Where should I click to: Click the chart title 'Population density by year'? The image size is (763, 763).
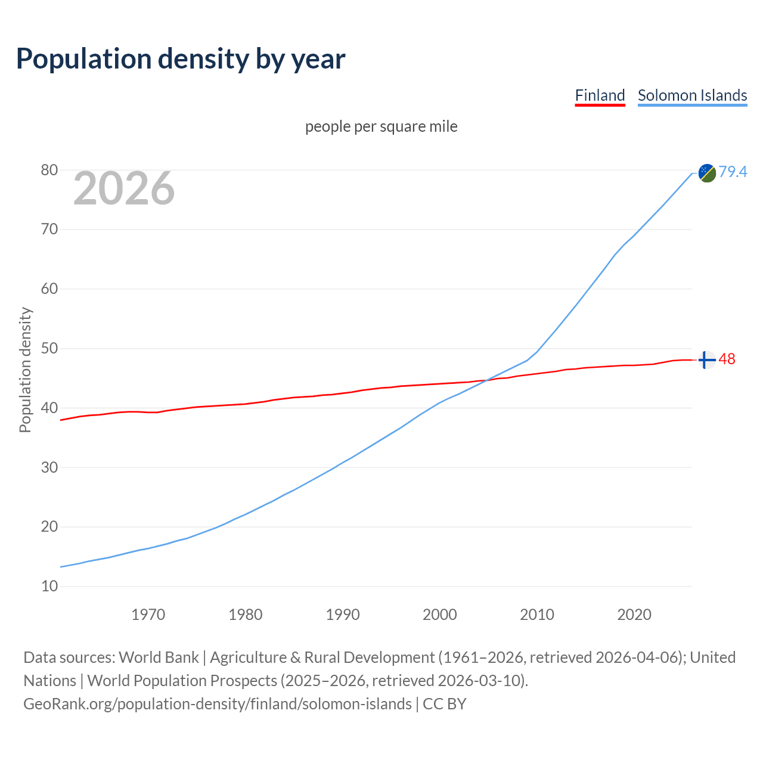coord(181,58)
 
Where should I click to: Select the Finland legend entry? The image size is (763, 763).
coord(600,95)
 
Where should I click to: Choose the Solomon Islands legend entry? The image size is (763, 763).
coord(692,95)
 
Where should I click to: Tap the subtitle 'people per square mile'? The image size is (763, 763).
coord(381,126)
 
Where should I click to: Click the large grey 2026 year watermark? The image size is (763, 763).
coord(124,188)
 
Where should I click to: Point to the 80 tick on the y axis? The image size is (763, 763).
coord(49,170)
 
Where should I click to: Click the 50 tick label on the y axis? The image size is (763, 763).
coord(49,349)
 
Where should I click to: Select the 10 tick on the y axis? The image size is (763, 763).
coord(49,587)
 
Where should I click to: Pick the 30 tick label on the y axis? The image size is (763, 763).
coord(49,467)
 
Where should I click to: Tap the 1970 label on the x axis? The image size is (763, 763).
coord(148,615)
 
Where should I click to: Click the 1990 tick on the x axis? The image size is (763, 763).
coord(343,615)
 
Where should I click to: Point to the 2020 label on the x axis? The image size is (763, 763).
coord(634,615)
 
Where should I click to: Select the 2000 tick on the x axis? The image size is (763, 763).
coord(440,615)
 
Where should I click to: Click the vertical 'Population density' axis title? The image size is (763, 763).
coord(25,370)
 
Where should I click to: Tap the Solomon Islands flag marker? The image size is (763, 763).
coord(707,173)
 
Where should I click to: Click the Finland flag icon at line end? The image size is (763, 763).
coord(707,360)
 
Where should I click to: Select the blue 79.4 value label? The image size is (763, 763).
coord(733,172)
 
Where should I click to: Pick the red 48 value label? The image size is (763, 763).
coord(727,359)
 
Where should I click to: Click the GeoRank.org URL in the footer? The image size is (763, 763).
coord(218,704)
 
